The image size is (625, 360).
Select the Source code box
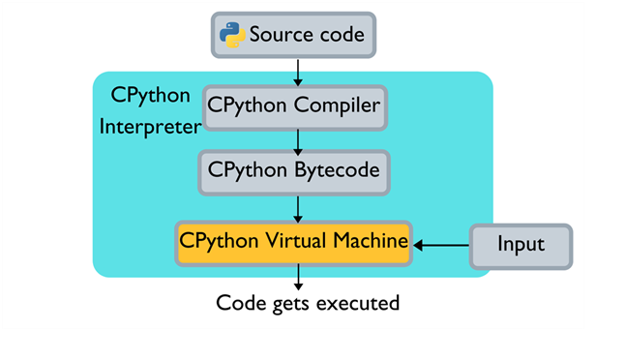(293, 36)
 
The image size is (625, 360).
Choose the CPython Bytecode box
(294, 172)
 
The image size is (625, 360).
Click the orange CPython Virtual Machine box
(294, 241)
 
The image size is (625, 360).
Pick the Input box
(521, 245)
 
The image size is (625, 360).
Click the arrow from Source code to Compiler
(299, 70)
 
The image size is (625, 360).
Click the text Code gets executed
(307, 303)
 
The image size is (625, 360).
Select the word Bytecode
(332, 172)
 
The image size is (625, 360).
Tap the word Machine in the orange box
(369, 241)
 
